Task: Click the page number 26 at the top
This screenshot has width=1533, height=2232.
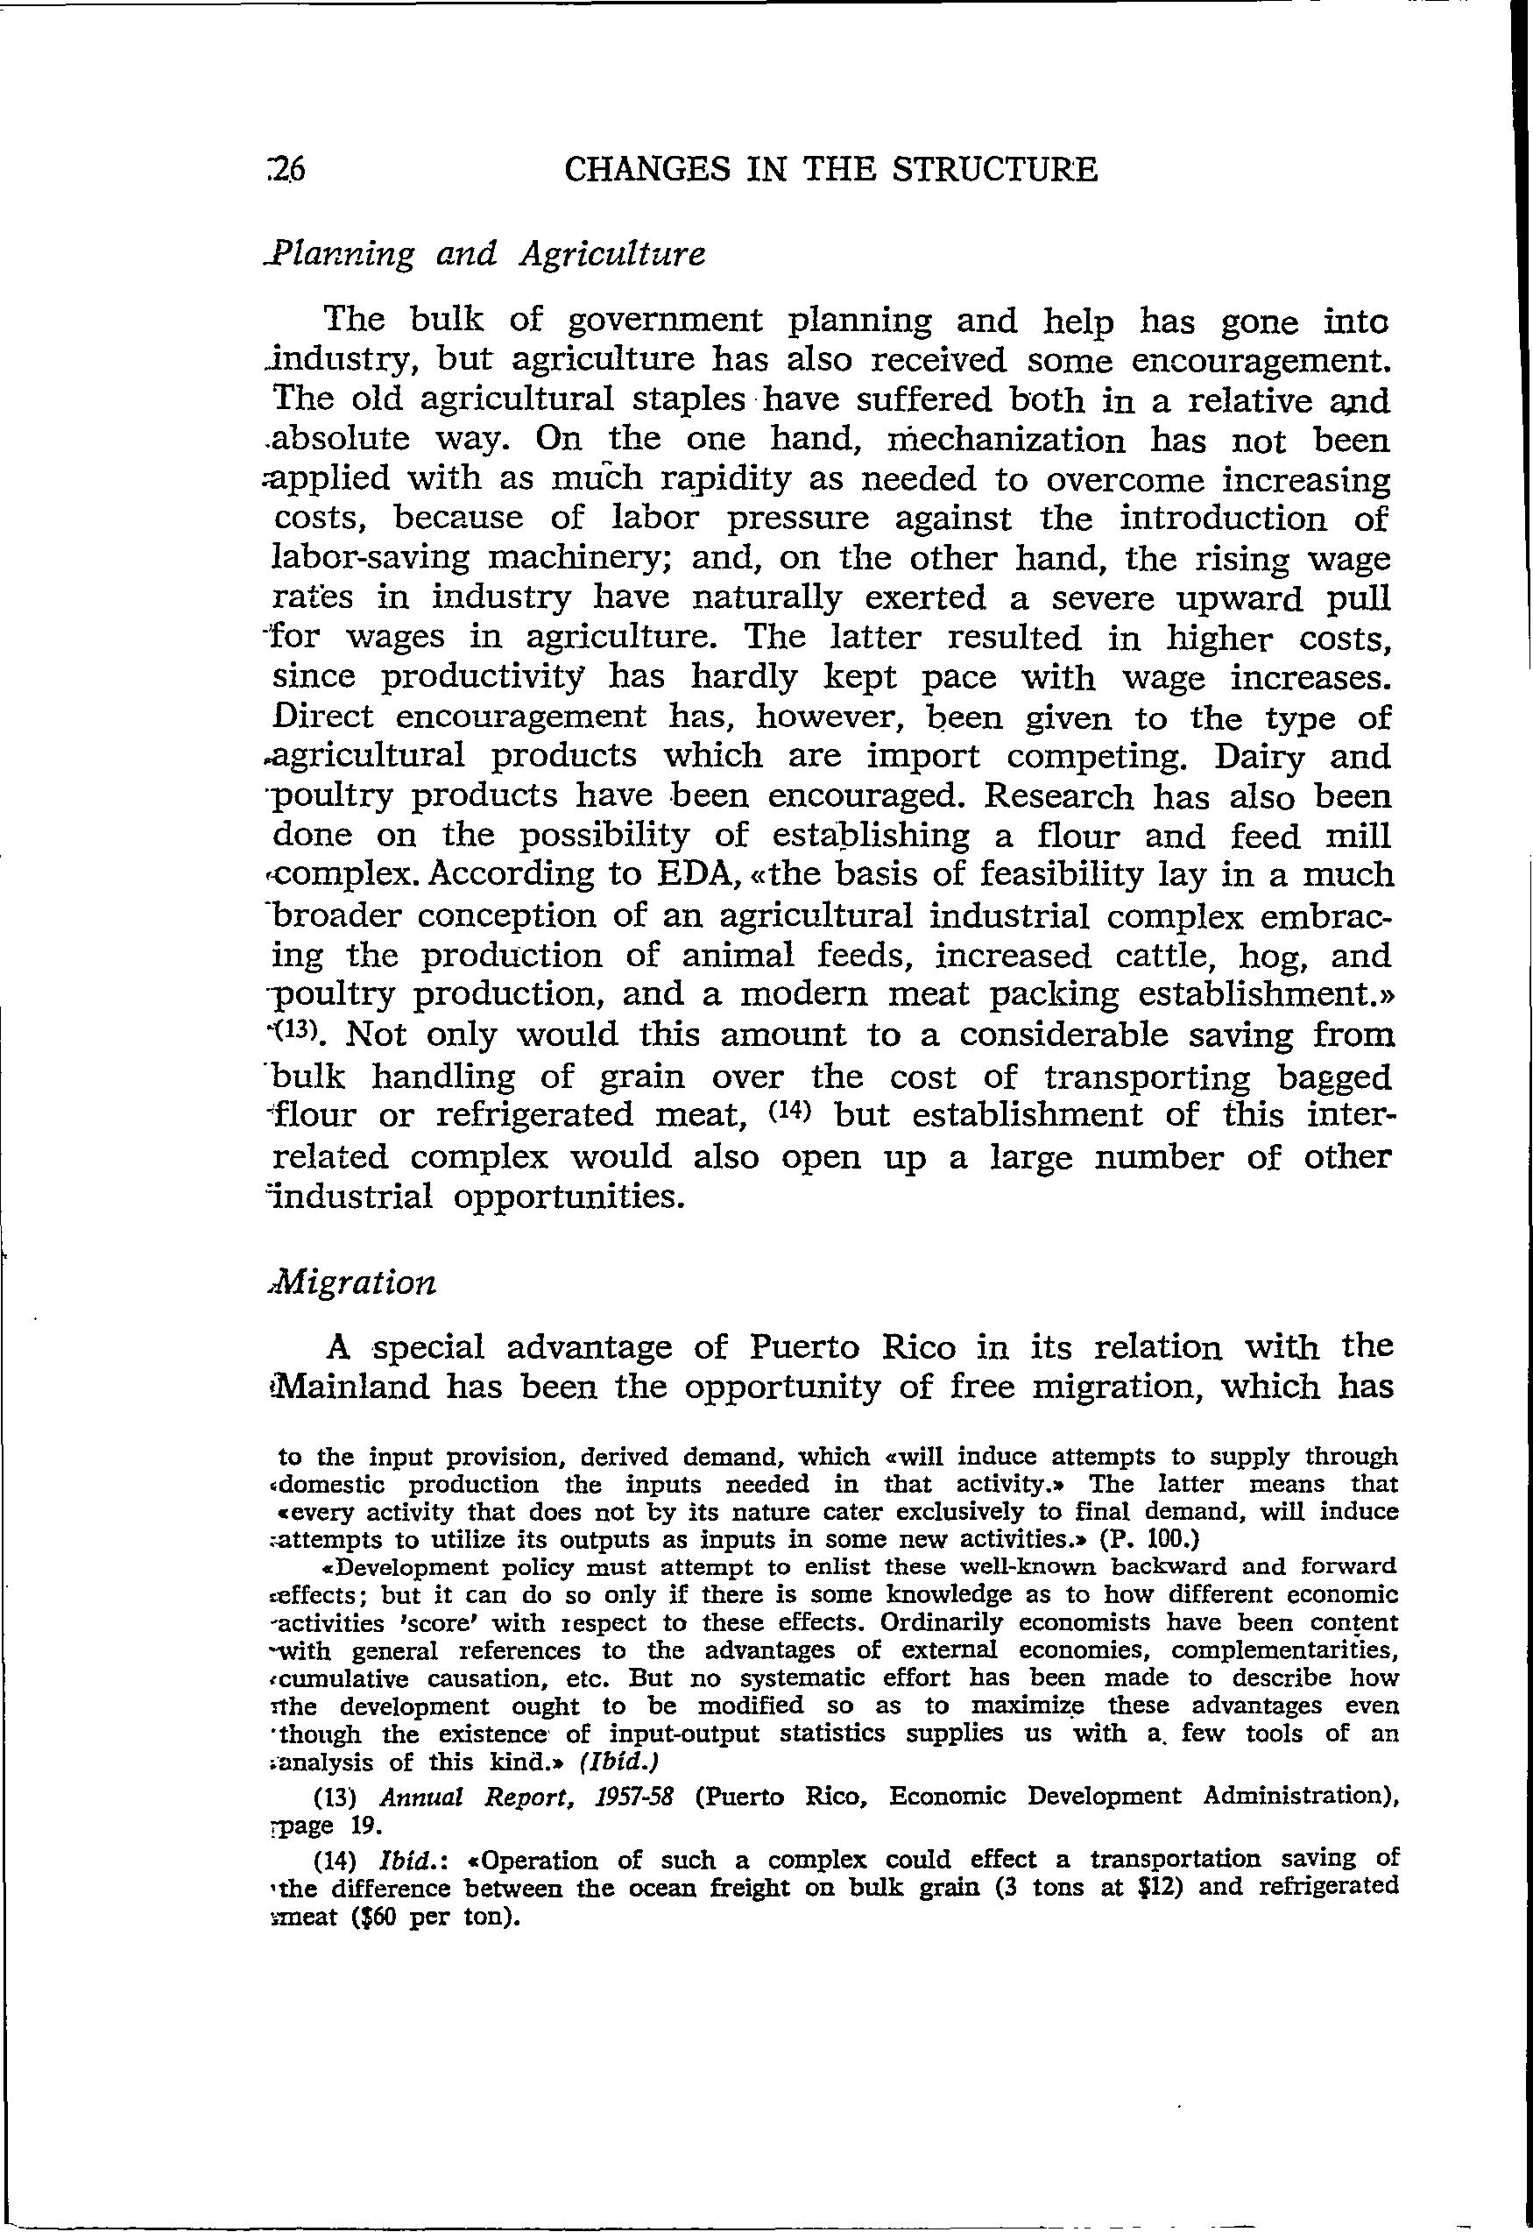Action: [x=287, y=170]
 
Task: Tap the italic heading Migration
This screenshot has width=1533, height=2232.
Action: [x=355, y=1284]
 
